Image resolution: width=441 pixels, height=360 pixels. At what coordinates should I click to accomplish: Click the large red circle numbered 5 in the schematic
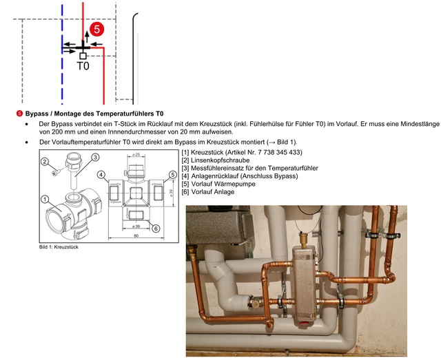(96, 29)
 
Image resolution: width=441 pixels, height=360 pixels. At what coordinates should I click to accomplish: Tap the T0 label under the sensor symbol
(83, 66)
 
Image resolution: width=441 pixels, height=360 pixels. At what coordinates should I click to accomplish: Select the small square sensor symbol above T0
(83, 56)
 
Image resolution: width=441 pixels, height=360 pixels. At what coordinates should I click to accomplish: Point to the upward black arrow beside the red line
(88, 36)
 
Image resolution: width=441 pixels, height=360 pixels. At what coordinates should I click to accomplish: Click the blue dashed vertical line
(62, 54)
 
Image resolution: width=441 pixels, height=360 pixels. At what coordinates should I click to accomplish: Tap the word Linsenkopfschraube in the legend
(220, 160)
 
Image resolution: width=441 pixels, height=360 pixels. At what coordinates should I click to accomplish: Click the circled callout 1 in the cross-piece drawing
(45, 200)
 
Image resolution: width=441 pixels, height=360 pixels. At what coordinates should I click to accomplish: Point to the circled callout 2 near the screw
(45, 161)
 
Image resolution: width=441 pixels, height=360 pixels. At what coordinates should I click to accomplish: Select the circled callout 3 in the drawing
(95, 157)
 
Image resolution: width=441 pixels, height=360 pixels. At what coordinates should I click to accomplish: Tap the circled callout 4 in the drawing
(101, 175)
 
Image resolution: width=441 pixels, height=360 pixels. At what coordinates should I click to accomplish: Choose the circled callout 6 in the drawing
(156, 229)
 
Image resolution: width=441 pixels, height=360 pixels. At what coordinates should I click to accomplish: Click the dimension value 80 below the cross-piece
(136, 236)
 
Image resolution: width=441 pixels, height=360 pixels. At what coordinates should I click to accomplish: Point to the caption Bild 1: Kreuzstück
(59, 247)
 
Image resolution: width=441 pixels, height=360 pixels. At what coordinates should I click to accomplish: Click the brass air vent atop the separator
(303, 240)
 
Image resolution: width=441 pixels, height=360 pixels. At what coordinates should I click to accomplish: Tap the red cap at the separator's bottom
(303, 324)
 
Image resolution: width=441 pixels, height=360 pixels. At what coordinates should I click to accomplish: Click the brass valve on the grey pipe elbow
(255, 301)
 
